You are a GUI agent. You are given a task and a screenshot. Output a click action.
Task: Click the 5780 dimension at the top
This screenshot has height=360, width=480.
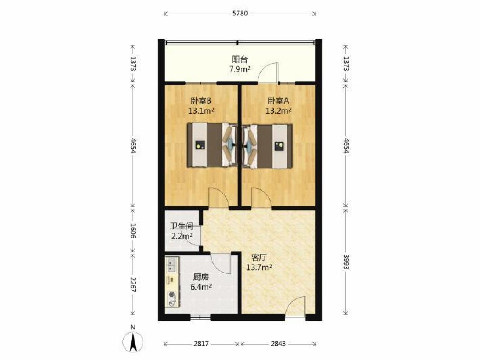tap(240, 14)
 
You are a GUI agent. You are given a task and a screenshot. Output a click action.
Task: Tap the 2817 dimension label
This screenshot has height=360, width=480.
tap(201, 344)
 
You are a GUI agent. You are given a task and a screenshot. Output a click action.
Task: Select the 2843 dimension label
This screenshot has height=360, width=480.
tap(278, 344)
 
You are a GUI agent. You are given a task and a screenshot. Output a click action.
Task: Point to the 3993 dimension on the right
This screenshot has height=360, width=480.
tap(345, 262)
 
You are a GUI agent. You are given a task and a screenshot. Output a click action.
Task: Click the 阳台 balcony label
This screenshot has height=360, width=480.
tap(240, 59)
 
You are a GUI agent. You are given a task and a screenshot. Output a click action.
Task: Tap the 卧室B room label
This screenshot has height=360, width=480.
tap(201, 101)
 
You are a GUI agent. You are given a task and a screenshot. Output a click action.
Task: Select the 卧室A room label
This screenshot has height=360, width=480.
tap(279, 101)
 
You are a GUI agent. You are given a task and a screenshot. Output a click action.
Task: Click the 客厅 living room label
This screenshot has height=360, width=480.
tap(259, 258)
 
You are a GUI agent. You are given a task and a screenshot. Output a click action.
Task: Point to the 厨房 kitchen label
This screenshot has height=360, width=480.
tap(201, 277)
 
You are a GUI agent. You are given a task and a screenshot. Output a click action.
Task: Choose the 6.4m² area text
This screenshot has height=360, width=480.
tap(201, 287)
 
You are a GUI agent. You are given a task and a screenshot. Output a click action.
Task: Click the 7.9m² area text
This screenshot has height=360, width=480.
tap(240, 69)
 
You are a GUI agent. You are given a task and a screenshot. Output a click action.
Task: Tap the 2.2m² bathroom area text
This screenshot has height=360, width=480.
tap(182, 236)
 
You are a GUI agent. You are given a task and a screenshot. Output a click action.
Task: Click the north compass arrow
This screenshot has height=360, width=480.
tap(133, 343)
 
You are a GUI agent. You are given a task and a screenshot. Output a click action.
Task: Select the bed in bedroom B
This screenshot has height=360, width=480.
tap(212, 145)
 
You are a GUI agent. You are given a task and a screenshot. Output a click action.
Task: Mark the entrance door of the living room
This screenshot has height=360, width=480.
tap(295, 306)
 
